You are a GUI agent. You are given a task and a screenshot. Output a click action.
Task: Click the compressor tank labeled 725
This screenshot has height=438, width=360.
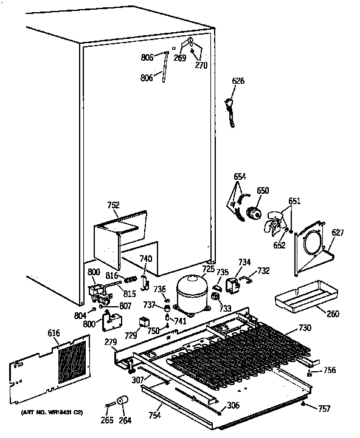(x=190, y=292)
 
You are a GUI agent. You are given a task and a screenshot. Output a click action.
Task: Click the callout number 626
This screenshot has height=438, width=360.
(x=238, y=81)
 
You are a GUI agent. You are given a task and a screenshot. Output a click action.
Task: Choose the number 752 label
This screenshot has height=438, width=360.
(x=113, y=205)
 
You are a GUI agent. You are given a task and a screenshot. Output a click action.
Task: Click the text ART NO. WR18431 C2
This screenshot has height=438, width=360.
(x=52, y=412)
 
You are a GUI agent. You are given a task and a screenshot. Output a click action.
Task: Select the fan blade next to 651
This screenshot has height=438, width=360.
(x=275, y=225)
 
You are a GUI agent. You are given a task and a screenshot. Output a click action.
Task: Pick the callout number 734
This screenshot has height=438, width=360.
(x=244, y=262)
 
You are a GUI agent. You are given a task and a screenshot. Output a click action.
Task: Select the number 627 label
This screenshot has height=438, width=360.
(x=337, y=231)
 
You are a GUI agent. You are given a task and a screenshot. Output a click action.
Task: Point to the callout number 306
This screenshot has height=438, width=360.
(x=233, y=406)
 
